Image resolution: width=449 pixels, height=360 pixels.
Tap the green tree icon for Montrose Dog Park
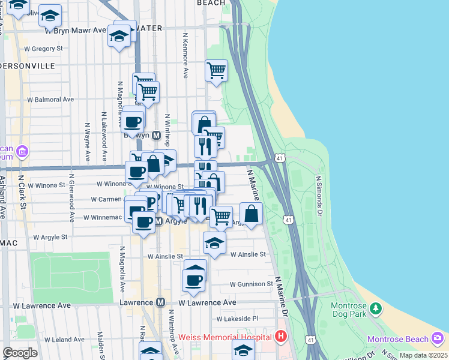pos(376,308)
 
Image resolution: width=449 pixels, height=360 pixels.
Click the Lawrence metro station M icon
pos(160,303)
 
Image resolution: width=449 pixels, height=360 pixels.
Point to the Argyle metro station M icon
pos(158,222)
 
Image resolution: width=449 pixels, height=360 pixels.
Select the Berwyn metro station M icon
pos(155,136)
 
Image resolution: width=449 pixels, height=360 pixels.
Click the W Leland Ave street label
pos(49,340)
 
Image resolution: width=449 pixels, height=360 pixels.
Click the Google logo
pos(20,353)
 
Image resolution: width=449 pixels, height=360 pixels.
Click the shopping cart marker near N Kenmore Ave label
pos(216,70)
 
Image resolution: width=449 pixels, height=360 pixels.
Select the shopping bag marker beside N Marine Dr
pos(252,214)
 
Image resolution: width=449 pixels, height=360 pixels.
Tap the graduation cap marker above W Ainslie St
pos(214,243)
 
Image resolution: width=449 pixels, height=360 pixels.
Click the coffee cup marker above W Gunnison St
pos(194,280)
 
